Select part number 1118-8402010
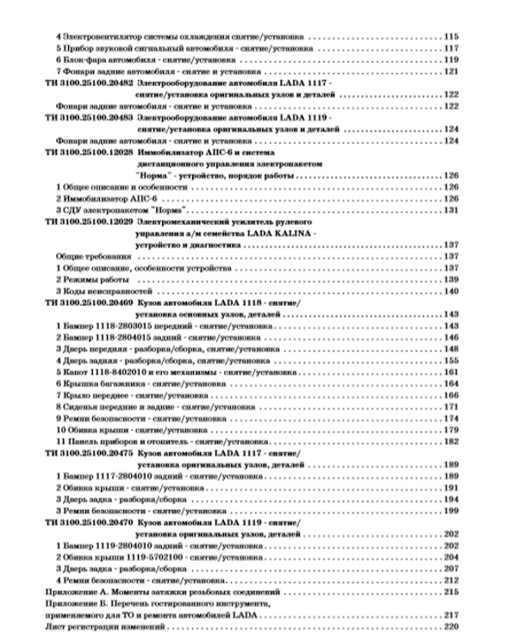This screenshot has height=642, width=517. (x=122, y=372)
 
